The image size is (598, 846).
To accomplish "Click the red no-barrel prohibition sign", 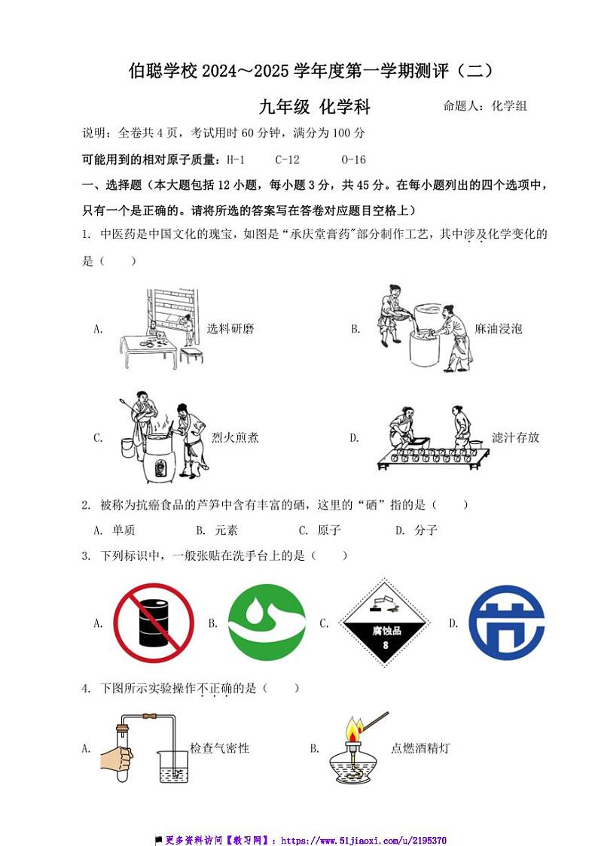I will (154, 623).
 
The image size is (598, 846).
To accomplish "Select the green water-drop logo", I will (267, 623).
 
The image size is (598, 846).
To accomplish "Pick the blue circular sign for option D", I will (506, 623).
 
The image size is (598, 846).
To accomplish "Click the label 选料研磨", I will (230, 329).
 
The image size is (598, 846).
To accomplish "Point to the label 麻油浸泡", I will (499, 329).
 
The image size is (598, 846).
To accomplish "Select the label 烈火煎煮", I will (235, 437).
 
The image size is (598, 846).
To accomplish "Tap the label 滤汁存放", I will (515, 437).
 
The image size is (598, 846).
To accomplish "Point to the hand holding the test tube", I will (116, 757).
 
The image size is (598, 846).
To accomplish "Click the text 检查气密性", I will (219, 748).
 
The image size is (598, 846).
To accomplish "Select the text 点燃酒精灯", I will (420, 748).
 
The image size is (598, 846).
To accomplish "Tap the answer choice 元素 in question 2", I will (226, 530).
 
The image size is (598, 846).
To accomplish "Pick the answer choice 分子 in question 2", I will (426, 530).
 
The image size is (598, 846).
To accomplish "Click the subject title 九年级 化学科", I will (315, 107).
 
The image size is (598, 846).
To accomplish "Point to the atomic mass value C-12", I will (288, 160).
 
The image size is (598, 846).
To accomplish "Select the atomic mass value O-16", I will (353, 160).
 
